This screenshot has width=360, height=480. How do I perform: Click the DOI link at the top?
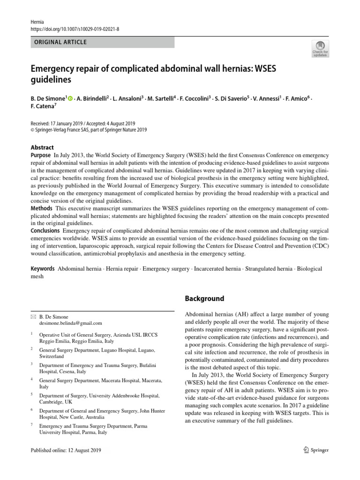click(x=75, y=29)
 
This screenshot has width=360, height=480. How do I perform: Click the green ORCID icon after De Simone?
click(x=70, y=98)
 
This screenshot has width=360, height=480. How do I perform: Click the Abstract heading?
click(x=42, y=147)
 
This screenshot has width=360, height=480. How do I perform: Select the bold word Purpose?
click(x=41, y=155)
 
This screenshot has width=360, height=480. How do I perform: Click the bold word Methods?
click(x=41, y=208)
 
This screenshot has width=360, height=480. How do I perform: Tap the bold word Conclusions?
click(x=45, y=231)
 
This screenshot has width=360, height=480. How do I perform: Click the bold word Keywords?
click(x=43, y=269)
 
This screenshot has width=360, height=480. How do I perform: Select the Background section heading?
click(x=204, y=299)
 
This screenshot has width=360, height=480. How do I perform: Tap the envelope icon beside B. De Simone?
click(x=32, y=317)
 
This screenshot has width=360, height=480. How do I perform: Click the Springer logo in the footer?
click(x=316, y=450)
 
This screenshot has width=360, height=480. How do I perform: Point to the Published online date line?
click(x=65, y=450)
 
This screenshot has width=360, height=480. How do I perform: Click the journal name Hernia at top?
click(x=37, y=22)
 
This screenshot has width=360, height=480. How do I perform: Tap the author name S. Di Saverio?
click(x=231, y=98)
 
